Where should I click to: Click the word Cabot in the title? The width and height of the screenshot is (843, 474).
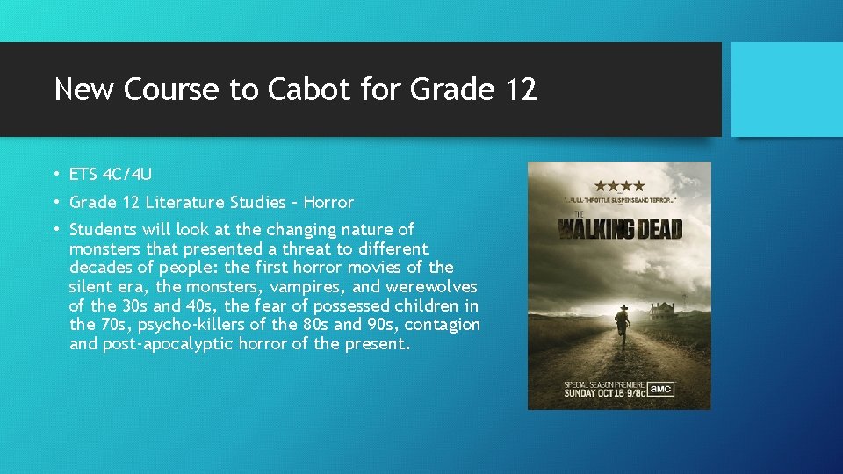pyautogui.click(x=299, y=89)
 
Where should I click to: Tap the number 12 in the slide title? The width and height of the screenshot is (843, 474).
pyautogui.click(x=518, y=89)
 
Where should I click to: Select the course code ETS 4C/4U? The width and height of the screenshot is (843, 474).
pyautogui.click(x=111, y=175)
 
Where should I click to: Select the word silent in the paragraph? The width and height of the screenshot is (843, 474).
pyautogui.click(x=91, y=287)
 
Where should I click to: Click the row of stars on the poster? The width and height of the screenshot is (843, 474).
pyautogui.click(x=619, y=186)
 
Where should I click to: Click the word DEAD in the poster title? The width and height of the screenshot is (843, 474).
pyautogui.click(x=652, y=230)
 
